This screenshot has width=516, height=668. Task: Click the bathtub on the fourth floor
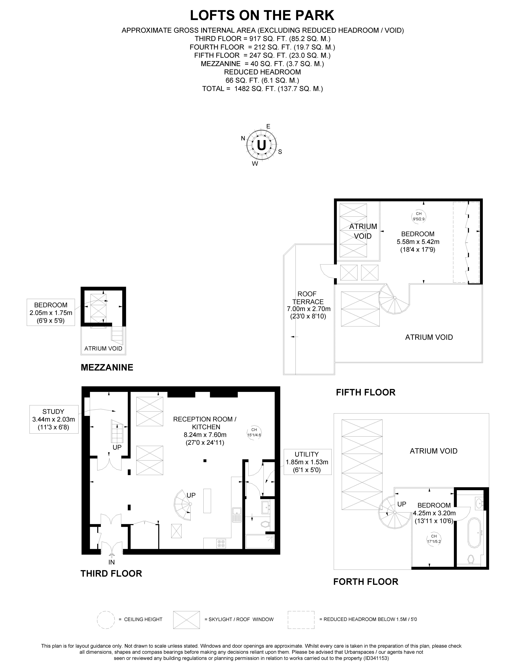(475, 533)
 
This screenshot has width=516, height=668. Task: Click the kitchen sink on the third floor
(237, 515)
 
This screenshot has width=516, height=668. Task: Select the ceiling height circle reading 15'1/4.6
(254, 432)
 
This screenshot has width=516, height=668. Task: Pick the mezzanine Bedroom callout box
(51, 312)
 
